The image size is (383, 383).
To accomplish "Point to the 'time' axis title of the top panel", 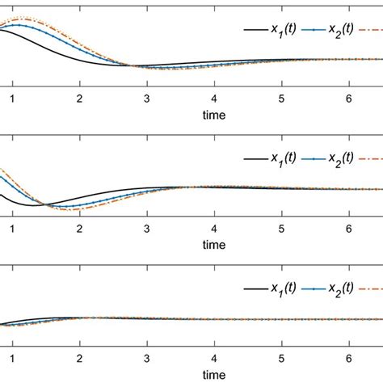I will tap(213, 115).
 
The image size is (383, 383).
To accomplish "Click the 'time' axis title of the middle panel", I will tap(213, 244).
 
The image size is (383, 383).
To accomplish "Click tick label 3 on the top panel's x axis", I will tap(146, 99).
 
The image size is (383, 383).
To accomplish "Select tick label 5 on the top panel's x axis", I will tap(281, 99).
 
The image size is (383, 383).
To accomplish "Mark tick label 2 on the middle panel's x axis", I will tap(79, 228).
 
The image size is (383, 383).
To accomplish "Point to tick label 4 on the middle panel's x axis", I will tap(213, 228).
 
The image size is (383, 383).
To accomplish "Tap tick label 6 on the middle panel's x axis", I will tap(348, 228).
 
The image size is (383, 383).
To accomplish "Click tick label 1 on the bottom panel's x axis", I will tap(12, 357).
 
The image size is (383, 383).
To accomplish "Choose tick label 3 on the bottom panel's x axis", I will tap(146, 357).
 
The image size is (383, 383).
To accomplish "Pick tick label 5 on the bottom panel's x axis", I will tap(281, 357).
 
